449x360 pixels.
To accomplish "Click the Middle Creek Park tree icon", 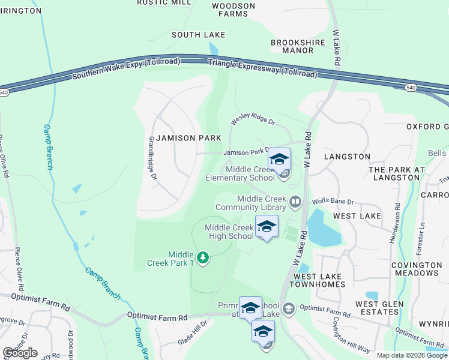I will coord(203,258).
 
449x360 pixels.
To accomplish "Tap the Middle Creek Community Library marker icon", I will coord(294,202).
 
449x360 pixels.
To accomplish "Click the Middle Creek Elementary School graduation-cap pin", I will coord(279,160).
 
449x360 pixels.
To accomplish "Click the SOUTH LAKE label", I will coord(198,35).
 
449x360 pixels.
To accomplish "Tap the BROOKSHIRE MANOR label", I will coord(298,46).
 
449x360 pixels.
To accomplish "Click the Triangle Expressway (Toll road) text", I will coord(262,68).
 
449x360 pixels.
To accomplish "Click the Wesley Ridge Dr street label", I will coord(253,121).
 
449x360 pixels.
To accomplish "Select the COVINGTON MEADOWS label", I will coord(416,269).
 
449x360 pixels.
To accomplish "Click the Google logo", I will coord(20,353).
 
